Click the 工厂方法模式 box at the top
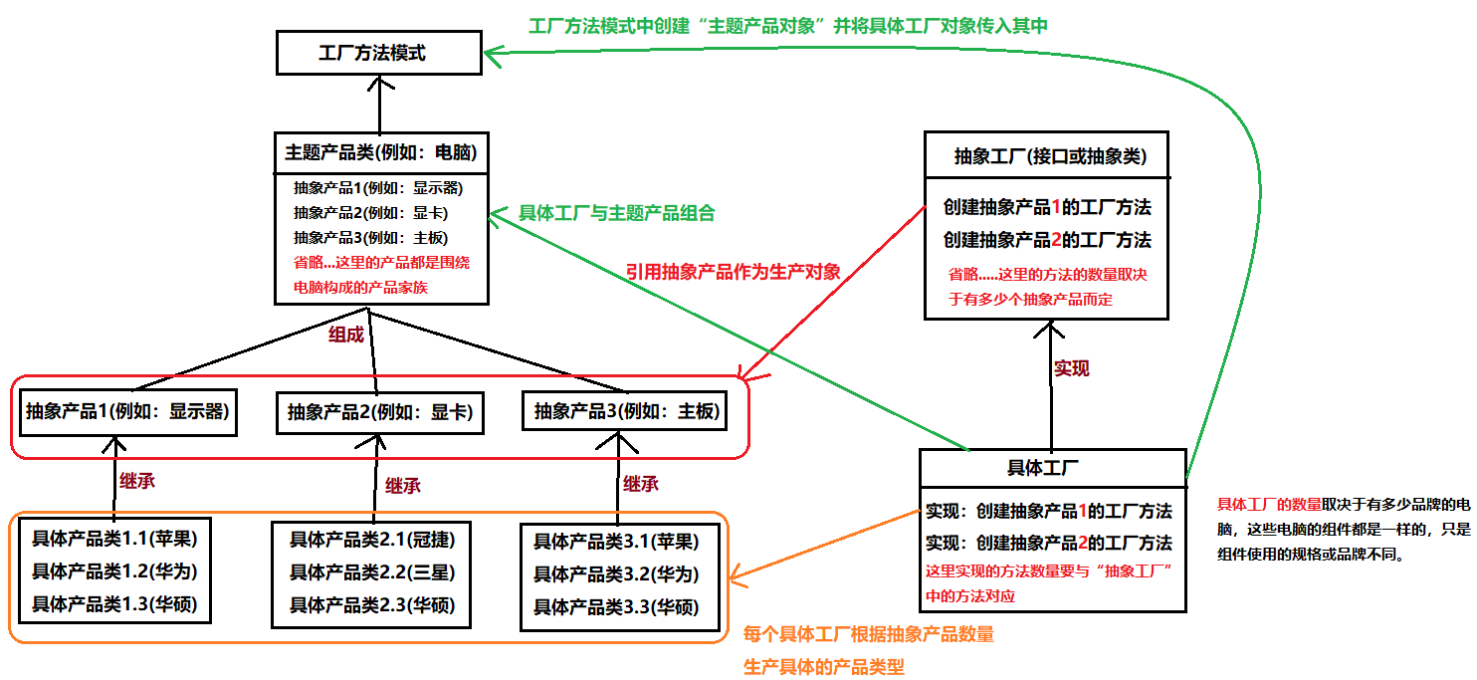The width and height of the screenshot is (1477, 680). point(378,53)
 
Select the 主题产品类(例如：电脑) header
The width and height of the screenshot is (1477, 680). point(380,153)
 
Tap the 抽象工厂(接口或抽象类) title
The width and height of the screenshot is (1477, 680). point(1049,156)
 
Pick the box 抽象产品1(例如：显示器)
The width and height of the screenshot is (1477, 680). point(126,411)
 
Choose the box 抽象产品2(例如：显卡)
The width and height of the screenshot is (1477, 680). point(379,412)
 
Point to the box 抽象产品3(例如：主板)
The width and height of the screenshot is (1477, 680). point(625,411)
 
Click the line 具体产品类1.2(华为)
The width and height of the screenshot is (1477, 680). point(114,571)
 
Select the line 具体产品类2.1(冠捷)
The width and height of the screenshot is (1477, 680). point(372,541)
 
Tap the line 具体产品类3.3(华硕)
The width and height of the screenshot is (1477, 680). point(616,606)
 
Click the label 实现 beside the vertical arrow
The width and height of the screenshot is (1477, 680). point(1071,368)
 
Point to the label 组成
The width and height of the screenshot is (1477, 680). point(346,335)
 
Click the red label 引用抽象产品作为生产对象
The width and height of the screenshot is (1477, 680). point(734,271)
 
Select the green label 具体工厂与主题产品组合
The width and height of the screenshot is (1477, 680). point(616,213)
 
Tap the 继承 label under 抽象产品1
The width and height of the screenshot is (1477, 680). point(137,481)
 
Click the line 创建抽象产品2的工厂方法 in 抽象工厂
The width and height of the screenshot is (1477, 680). point(1047,240)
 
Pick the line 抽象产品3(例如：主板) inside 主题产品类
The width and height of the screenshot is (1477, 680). point(370,238)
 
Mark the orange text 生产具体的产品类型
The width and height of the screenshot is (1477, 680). point(824,666)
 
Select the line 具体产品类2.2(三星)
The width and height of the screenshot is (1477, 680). point(372,572)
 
